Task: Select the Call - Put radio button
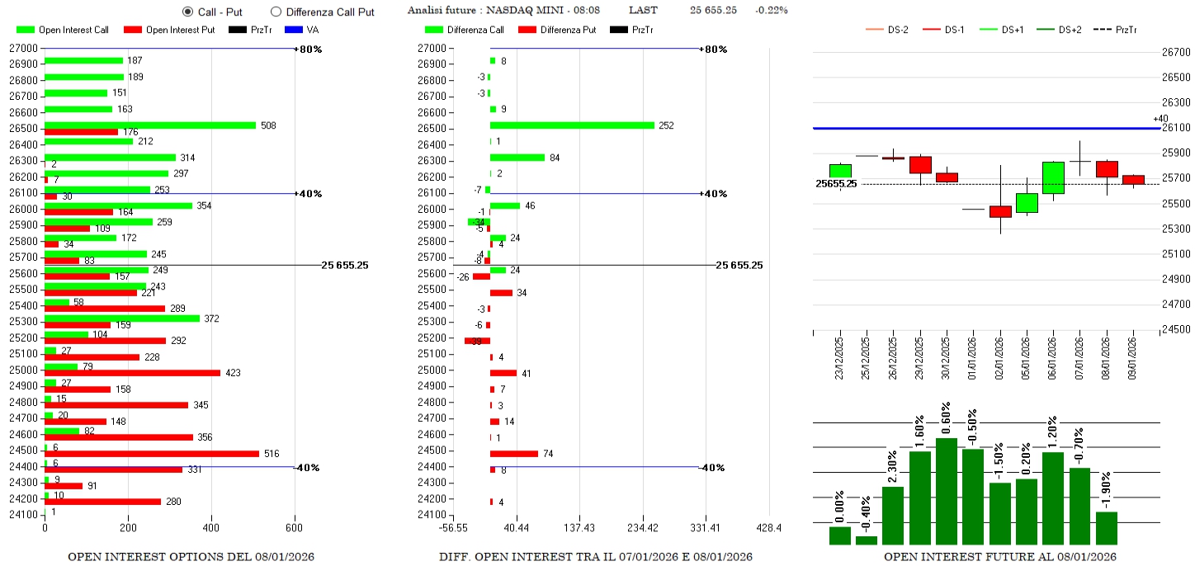[x=187, y=12]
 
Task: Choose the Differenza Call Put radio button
[x=276, y=12]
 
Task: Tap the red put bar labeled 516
[x=152, y=454]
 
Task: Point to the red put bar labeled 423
[x=132, y=373]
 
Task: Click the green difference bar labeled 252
[x=572, y=125]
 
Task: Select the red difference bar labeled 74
[x=513, y=454]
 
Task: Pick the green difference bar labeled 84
[x=517, y=158]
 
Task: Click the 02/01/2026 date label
[x=999, y=356]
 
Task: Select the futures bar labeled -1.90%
[x=1106, y=528]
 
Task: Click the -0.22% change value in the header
[x=771, y=10]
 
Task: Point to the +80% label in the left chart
[x=310, y=50]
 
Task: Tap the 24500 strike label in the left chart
[x=22, y=450]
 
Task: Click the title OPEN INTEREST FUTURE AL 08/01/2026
[x=999, y=557]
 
